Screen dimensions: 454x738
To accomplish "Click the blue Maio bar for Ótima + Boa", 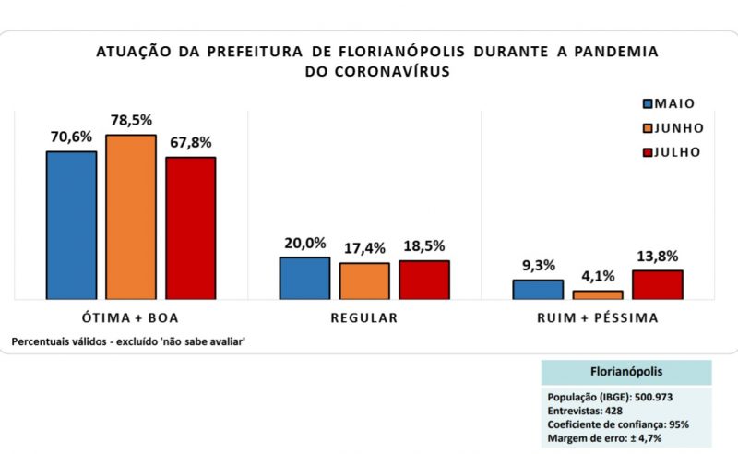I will pos(71,225).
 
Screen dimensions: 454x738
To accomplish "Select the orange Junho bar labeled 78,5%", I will pos(131,217).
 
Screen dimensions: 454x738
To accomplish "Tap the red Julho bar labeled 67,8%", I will pos(191,228).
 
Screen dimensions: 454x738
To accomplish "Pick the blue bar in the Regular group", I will pos(304,278).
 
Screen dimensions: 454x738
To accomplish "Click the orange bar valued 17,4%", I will pos(364,281).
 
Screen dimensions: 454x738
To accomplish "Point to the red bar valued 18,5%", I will pos(424,280).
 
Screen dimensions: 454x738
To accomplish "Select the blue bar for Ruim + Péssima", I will pos(538,289).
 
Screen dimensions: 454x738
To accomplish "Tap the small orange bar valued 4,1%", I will pos(598,294).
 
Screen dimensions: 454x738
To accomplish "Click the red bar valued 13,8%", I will pos(658,284).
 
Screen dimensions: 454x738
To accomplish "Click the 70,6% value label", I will pos(71,137).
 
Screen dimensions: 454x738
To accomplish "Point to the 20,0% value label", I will pos(304,244).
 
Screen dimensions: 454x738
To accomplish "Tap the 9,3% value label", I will pos(538,266).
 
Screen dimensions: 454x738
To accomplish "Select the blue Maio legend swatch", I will pos(648,104).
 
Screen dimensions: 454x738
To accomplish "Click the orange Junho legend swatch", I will pos(648,128).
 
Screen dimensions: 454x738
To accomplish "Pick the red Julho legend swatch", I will pos(648,152).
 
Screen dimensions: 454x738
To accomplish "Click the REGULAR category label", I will pos(364,318).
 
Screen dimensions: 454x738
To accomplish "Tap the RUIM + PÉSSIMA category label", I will pos(598,318).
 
